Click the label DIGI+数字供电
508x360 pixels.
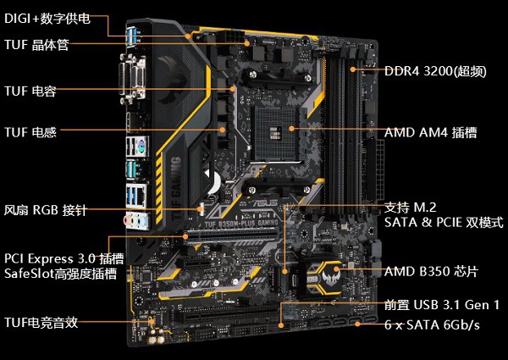[47, 19]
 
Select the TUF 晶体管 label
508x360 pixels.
[36, 44]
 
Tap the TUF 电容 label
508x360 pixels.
[30, 91]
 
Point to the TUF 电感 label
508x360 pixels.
[30, 132]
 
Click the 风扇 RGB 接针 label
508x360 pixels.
[46, 210]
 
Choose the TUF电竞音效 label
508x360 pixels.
[41, 323]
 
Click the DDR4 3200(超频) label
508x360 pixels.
[435, 71]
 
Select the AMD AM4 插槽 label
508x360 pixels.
[431, 132]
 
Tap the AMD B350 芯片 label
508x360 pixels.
[431, 272]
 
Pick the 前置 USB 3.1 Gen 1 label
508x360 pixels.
[442, 305]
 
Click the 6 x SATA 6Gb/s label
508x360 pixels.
[432, 324]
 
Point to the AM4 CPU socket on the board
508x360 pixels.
[278, 133]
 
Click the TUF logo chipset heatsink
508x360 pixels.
[323, 280]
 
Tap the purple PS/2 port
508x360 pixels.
[141, 146]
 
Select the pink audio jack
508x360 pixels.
[129, 221]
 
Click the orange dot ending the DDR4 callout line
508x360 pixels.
[353, 69]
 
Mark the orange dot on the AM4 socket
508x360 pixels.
[291, 129]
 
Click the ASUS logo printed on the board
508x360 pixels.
[264, 203]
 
